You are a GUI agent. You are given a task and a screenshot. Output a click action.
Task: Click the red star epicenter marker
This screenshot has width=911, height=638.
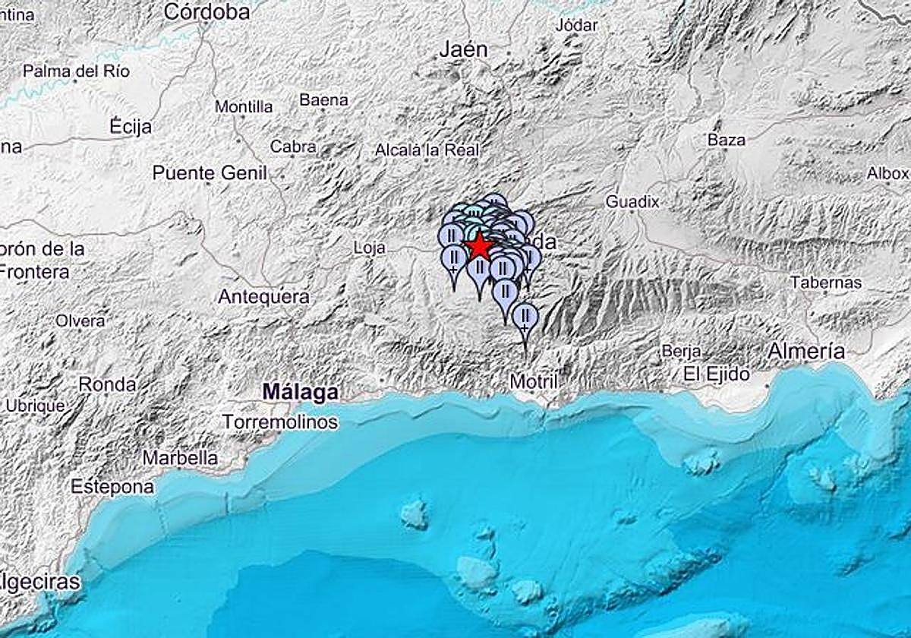(480, 247)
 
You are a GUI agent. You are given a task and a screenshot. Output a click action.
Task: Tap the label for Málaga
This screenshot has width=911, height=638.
(300, 393)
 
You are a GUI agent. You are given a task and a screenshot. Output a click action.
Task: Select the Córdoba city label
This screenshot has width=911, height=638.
(206, 11)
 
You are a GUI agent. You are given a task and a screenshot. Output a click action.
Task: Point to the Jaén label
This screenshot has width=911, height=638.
(463, 50)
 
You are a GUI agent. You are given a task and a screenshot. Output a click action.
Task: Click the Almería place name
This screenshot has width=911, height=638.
(805, 351)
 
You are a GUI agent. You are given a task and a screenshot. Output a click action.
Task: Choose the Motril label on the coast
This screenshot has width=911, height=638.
(534, 381)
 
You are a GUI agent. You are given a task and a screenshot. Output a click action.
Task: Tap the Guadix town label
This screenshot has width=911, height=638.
(632, 202)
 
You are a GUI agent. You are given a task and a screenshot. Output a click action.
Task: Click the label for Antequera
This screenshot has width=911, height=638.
(263, 297)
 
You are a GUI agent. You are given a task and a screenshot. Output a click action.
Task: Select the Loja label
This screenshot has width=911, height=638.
(370, 248)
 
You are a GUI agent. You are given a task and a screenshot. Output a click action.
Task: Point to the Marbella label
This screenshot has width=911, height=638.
(181, 459)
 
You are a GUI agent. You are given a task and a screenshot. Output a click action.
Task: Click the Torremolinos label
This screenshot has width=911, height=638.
(280, 422)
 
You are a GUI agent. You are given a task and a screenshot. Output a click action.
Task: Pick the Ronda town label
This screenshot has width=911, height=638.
(108, 385)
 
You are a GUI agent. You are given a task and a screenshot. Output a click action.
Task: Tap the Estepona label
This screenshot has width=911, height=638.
(112, 487)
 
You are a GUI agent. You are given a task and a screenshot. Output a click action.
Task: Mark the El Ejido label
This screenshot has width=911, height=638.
(716, 374)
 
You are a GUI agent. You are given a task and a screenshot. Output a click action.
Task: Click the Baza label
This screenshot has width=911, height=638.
(727, 140)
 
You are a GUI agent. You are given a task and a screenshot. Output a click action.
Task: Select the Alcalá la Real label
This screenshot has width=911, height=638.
(427, 150)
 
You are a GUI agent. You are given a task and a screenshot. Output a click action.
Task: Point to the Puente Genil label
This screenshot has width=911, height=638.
(210, 173)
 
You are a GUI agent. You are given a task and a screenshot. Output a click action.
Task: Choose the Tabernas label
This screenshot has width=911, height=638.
(826, 283)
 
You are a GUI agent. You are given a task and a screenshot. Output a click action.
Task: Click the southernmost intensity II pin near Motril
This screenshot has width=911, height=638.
(525, 315)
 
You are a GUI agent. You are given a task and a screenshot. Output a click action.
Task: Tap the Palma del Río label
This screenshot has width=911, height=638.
(77, 72)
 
